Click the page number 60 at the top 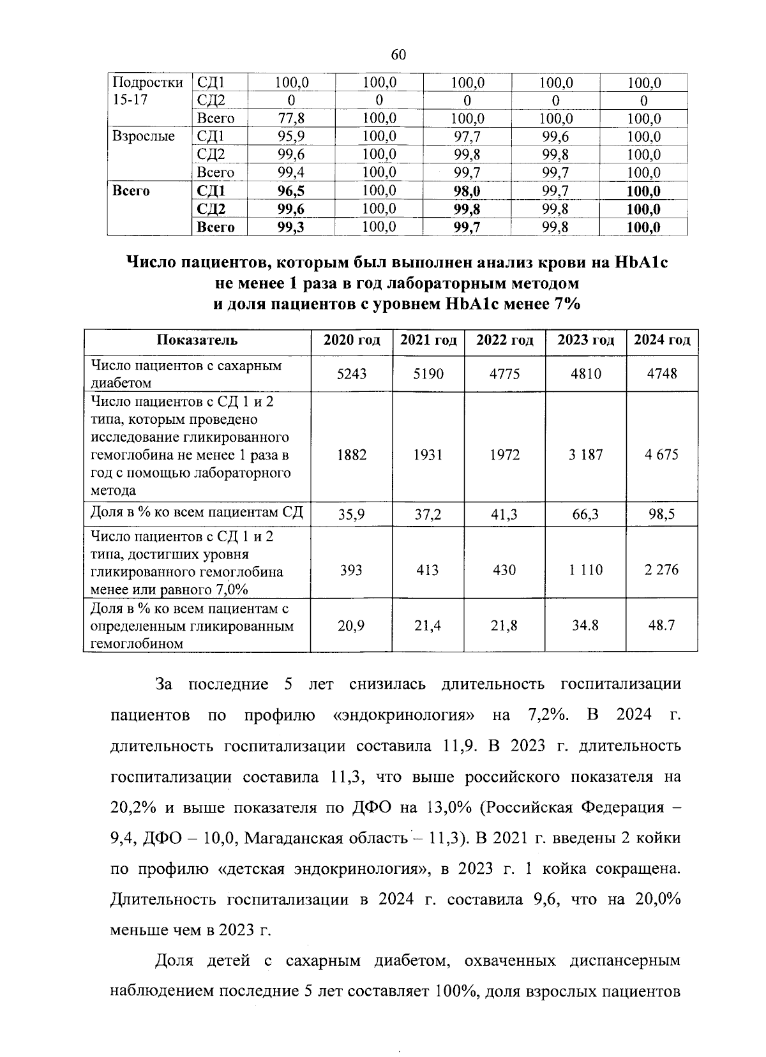[398, 55]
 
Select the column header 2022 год [504, 340]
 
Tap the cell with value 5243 [352, 373]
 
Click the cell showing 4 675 [661, 454]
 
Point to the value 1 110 [585, 569]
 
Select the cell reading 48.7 [661, 626]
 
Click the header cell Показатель [197, 340]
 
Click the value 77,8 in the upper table [291, 119]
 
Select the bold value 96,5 [291, 191]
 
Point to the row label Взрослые [143, 137]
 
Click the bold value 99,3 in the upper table [291, 227]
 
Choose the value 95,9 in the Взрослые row [291, 137]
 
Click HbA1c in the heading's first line [640, 262]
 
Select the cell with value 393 [352, 569]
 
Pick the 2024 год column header [661, 340]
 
